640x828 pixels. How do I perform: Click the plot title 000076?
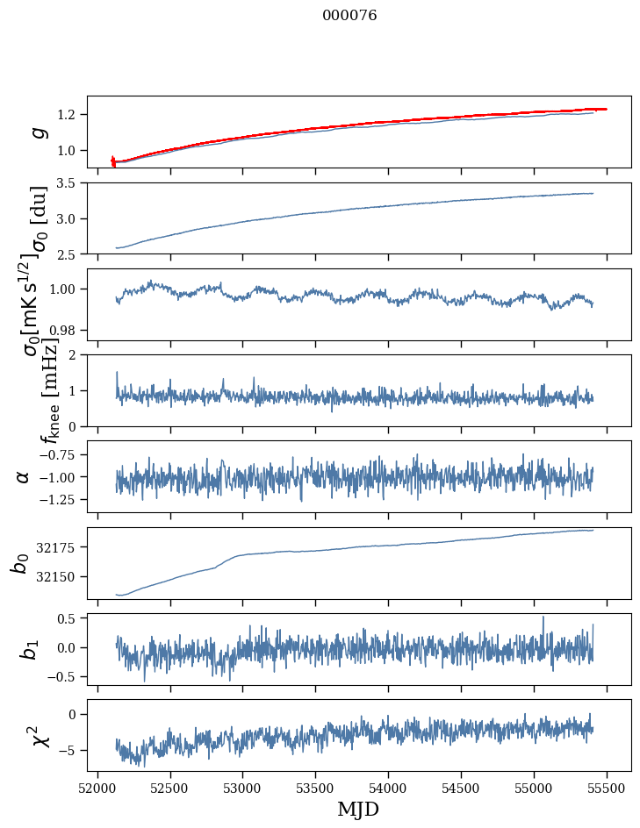[x=349, y=16]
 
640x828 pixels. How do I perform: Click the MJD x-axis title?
[x=357, y=809]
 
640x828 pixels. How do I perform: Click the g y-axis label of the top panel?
[x=38, y=132]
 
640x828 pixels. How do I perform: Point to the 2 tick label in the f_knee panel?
[x=76, y=355]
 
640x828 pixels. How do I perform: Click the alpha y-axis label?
[x=23, y=476]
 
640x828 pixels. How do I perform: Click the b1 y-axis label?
[x=29, y=648]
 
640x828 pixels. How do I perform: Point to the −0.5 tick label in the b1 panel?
[x=63, y=676]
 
